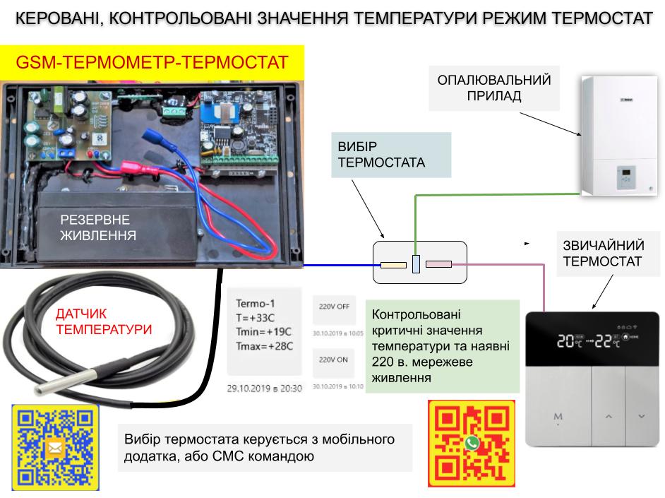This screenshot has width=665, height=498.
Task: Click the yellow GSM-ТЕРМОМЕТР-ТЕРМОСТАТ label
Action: [152, 63]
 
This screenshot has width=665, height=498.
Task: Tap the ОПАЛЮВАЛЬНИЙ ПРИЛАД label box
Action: [494, 88]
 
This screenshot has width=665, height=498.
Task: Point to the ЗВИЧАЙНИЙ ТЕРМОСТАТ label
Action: [604, 254]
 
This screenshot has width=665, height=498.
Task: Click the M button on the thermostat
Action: [558, 416]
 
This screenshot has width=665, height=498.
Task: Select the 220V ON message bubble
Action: [334, 360]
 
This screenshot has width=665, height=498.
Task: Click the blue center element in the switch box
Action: [416, 263]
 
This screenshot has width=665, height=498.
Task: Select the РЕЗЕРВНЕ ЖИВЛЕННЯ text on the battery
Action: [98, 227]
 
